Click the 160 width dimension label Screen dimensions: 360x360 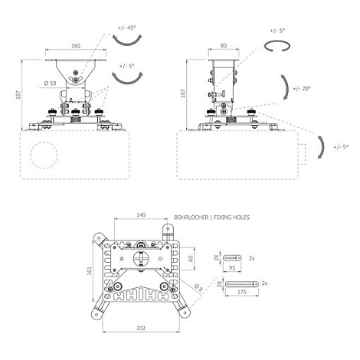point(75,45)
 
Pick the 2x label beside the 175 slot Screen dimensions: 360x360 point(265,283)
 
